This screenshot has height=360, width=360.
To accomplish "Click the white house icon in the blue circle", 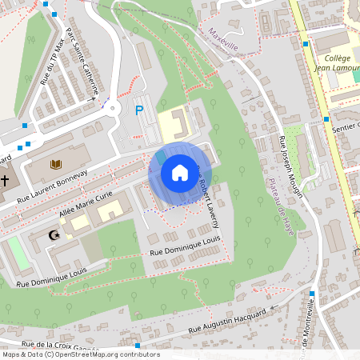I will [x=179, y=173].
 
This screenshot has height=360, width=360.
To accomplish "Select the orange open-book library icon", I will [x=55, y=164].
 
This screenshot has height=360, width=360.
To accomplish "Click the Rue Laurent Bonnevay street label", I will [x=52, y=186].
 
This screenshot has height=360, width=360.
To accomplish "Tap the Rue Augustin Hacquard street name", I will [x=226, y=322].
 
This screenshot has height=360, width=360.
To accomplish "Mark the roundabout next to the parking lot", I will [x=113, y=106].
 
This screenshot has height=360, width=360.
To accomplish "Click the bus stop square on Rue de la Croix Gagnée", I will [x=138, y=346].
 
